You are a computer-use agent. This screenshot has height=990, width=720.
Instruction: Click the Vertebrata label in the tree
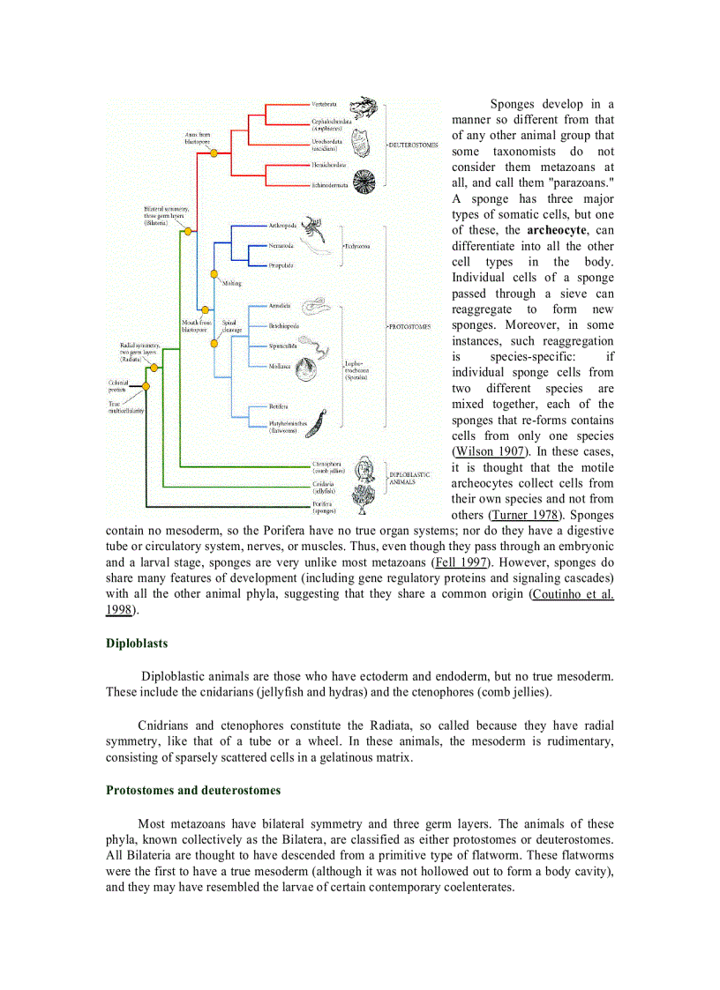326,104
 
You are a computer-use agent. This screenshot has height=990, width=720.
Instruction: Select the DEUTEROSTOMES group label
413,145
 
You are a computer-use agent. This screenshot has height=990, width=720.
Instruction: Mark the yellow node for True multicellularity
146,386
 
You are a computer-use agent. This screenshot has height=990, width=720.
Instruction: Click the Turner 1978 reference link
526,515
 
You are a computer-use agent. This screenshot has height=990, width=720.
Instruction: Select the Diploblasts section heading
137,644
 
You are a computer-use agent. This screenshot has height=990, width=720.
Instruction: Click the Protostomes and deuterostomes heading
193,790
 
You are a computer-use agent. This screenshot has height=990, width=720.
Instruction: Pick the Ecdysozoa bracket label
357,246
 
